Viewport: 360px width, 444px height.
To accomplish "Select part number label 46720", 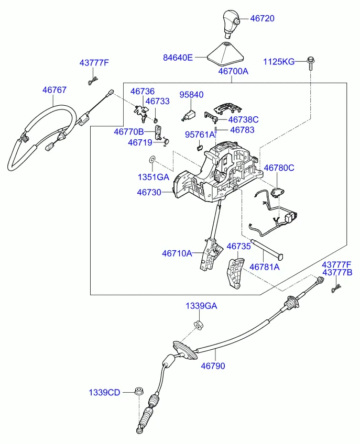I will [262, 18].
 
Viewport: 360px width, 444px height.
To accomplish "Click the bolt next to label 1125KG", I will [311, 62].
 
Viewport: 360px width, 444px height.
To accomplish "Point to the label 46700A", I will [233, 71].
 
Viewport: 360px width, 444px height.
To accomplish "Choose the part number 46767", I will [54, 90].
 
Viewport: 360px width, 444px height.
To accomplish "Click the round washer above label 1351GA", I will [152, 159].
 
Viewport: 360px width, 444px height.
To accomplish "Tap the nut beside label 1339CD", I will [139, 392].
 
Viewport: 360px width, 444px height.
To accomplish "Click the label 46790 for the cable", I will [213, 366].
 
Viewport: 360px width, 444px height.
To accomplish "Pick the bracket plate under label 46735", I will [234, 273].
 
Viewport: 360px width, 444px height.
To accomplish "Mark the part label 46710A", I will [177, 253].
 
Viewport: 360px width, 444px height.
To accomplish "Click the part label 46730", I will [149, 193].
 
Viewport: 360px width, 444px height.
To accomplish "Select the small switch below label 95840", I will [189, 114].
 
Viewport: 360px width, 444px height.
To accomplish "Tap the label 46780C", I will [279, 168].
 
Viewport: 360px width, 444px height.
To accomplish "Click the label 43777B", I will [337, 272].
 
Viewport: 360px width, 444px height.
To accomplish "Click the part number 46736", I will [143, 92].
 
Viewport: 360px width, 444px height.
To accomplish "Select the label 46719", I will [140, 142].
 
